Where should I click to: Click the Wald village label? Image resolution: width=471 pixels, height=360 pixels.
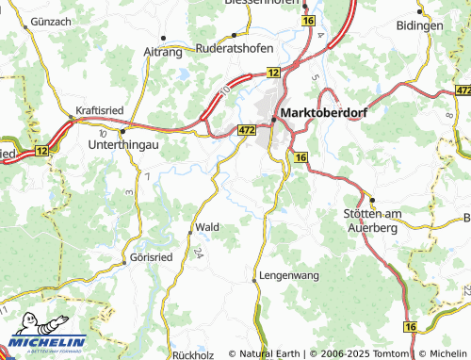207,227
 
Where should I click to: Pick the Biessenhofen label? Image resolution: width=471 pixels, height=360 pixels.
262,3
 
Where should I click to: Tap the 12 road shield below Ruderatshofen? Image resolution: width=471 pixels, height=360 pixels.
273,72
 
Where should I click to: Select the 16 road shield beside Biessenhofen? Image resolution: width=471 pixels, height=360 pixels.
308,20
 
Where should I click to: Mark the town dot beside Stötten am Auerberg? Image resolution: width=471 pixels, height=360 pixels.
371,200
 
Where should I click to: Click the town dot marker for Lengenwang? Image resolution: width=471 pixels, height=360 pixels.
254,279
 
